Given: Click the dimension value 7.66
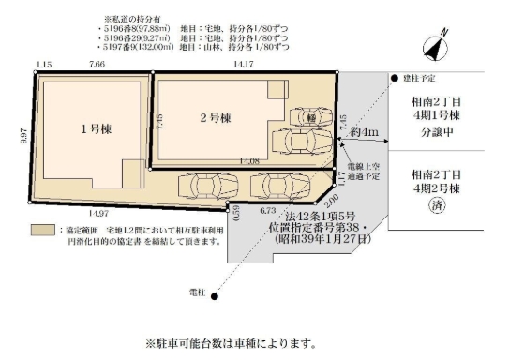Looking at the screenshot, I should point(97,64).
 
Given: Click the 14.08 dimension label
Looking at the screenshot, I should point(249,161).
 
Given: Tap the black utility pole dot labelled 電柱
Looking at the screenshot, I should point(214,296).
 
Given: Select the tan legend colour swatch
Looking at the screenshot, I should point(41,229).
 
